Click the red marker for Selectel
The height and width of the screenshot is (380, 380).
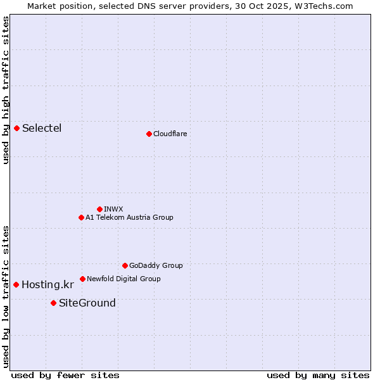coord(17,129)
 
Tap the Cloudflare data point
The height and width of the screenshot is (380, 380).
coord(149,134)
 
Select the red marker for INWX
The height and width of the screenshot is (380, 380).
coord(99,209)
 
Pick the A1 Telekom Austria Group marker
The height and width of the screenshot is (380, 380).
coord(81,217)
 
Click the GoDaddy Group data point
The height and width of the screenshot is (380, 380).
coord(125,265)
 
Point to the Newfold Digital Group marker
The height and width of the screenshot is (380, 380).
coord(82,279)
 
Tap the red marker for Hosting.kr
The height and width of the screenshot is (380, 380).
coord(16,285)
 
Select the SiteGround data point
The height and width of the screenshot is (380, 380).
coord(53,303)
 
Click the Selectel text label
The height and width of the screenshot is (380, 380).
coord(42,129)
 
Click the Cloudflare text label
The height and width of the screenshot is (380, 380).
coord(170,134)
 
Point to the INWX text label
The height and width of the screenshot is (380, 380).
coord(113,209)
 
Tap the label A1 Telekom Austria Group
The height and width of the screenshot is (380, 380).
coord(129,217)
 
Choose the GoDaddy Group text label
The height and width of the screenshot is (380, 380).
coord(156,265)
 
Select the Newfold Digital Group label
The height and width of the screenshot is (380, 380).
coord(123,279)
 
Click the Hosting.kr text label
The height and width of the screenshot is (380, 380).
coord(47,285)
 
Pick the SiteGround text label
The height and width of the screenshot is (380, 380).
coord(87,303)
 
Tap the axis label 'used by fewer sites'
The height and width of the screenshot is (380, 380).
coord(65,375)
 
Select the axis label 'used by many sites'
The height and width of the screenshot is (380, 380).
coord(318,375)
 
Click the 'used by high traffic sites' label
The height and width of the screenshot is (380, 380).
coord(6,90)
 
